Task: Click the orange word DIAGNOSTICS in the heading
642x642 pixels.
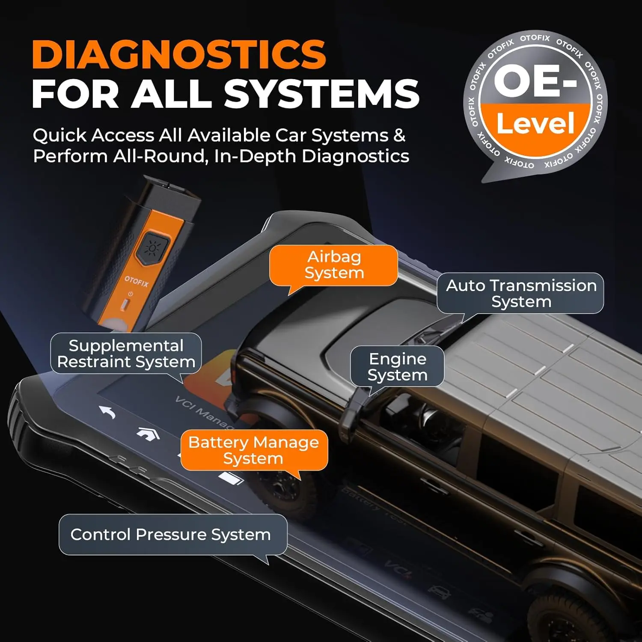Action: [179, 54]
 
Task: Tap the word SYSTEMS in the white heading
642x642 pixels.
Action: [321, 94]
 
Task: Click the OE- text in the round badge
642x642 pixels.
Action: [535, 81]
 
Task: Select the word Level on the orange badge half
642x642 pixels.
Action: [535, 124]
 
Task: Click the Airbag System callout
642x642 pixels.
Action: [334, 265]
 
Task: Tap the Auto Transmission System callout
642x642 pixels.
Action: [521, 293]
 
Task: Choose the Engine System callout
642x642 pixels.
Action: [397, 366]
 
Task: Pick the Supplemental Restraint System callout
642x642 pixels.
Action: [126, 354]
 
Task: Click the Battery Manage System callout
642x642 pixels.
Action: [254, 450]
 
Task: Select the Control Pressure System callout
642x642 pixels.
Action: [171, 535]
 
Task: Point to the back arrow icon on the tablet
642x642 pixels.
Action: [108, 413]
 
